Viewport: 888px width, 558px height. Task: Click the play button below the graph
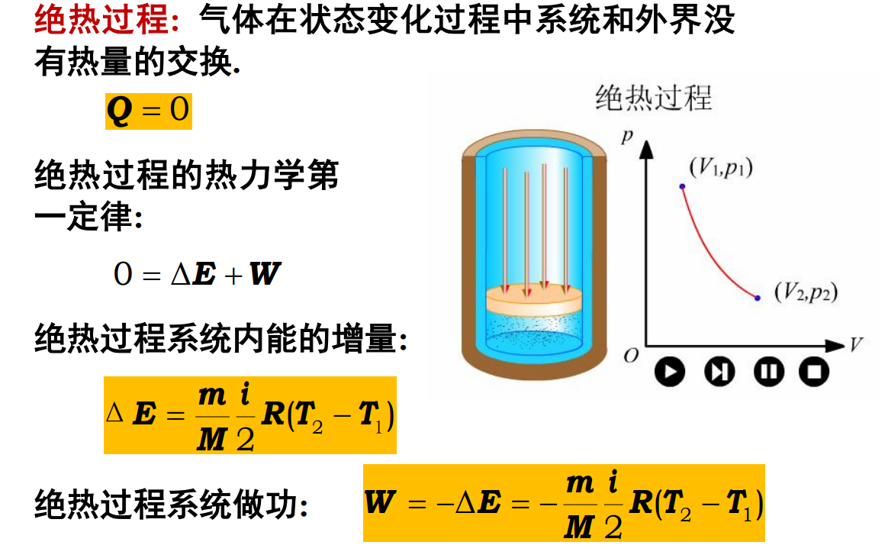pyautogui.click(x=669, y=372)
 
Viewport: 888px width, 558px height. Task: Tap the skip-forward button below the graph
pyautogui.click(x=719, y=372)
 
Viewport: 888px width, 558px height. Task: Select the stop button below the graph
pyautogui.click(x=814, y=372)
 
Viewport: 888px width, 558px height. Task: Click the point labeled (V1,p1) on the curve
pyautogui.click(x=683, y=186)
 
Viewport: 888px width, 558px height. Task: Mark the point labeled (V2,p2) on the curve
pyautogui.click(x=758, y=298)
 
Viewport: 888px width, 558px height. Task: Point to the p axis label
pyautogui.click(x=626, y=136)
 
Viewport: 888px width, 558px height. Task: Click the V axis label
pyautogui.click(x=856, y=344)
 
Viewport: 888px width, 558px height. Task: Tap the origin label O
pyautogui.click(x=631, y=356)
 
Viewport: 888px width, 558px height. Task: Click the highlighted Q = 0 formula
pyautogui.click(x=148, y=111)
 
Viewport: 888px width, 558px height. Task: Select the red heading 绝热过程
pyautogui.click(x=102, y=19)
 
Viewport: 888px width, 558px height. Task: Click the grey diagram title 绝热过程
pyautogui.click(x=654, y=98)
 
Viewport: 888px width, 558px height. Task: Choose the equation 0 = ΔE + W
pyautogui.click(x=197, y=274)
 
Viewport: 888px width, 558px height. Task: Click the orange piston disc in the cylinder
pyautogui.click(x=534, y=300)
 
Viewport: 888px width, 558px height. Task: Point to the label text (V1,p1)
pyautogui.click(x=720, y=168)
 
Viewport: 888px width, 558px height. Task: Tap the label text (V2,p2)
pyautogui.click(x=806, y=292)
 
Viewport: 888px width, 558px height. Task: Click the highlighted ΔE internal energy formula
pyautogui.click(x=249, y=415)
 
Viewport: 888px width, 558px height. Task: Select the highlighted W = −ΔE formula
pyautogui.click(x=564, y=503)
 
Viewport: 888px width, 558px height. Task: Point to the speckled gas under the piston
pyautogui.click(x=534, y=334)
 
